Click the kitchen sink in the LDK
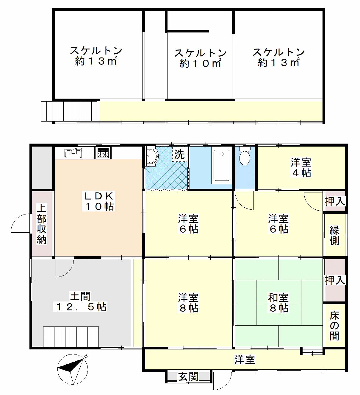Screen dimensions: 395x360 pyautogui.click(x=73, y=153)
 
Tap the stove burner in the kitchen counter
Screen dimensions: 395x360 pyautogui.click(x=103, y=153)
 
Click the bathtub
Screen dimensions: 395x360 pyautogui.click(x=222, y=165)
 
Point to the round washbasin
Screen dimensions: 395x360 pyautogui.click(x=152, y=156)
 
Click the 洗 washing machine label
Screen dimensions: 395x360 pyautogui.click(x=179, y=154)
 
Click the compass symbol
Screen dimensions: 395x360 pyautogui.click(x=73, y=369)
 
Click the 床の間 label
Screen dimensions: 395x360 pyautogui.click(x=334, y=326)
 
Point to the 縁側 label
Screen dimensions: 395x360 pyautogui.click(x=335, y=235)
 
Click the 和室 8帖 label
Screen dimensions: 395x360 pyautogui.click(x=278, y=302)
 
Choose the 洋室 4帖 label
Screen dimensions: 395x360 pyautogui.click(x=301, y=168)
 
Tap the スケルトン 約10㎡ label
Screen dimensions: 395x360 pyautogui.click(x=200, y=58)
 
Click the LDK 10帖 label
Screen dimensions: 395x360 pyautogui.click(x=99, y=201)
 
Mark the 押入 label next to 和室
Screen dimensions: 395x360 pyautogui.click(x=335, y=280)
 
